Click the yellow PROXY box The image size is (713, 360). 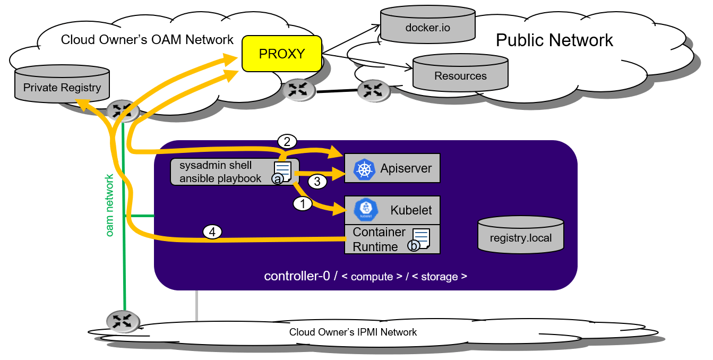coord(282,54)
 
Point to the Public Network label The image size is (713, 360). coord(554,40)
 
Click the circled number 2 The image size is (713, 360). coord(287,141)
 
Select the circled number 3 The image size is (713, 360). coord(317,182)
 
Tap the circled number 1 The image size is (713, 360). coord(303,203)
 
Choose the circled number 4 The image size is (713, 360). coord(212,232)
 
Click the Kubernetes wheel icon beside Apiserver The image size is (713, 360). coord(364,169)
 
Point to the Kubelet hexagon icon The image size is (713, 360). coord(365,210)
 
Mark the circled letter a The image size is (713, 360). coord(277,179)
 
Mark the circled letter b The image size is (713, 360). coord(413,245)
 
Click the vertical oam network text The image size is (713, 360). coord(110,205)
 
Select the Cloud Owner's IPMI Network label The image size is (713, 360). coord(353,332)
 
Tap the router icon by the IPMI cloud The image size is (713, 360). coord(123,321)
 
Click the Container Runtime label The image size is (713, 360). coord(379,239)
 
